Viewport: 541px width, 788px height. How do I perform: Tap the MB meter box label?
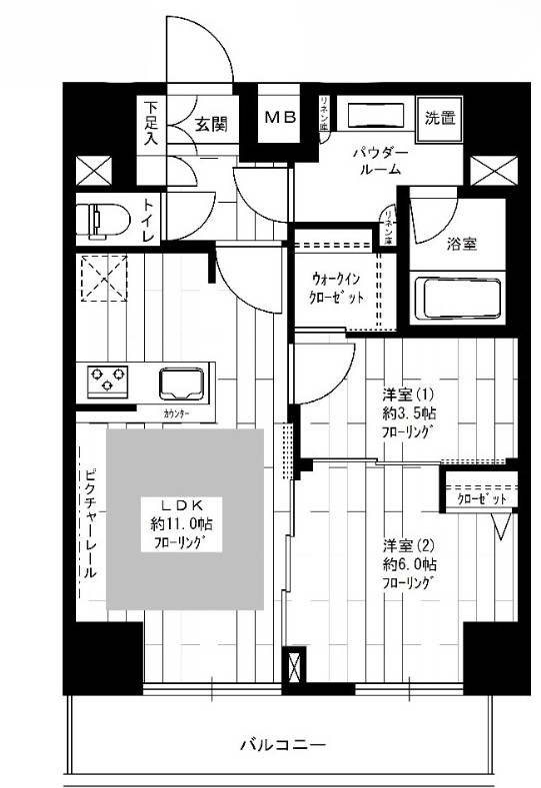click(x=280, y=118)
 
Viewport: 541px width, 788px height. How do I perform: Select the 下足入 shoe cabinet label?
click(x=150, y=124)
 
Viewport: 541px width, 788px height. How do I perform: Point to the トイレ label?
click(x=147, y=221)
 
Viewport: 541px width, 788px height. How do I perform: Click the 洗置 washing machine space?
click(x=439, y=119)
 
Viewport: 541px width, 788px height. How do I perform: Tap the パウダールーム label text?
click(x=381, y=161)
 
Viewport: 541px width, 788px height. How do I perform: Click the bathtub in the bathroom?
click(x=457, y=299)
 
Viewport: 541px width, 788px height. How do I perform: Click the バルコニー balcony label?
click(x=283, y=744)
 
